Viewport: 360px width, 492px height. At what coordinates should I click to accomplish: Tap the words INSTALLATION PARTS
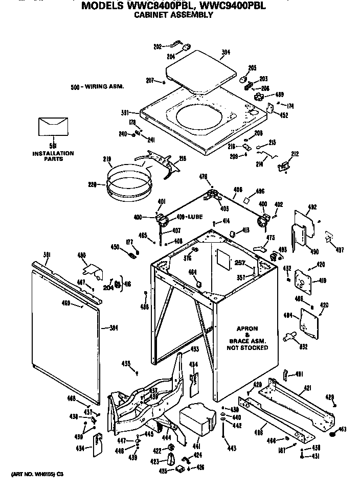tap(53, 156)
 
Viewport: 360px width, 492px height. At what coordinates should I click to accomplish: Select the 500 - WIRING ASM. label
tap(97, 87)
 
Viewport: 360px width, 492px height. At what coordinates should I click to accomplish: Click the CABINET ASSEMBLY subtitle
tap(173, 15)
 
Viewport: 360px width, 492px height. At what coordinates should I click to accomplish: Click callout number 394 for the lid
tap(226, 52)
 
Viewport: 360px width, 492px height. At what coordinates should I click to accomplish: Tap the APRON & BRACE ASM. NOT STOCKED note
tap(247, 338)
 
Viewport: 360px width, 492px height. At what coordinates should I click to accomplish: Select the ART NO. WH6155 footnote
tap(34, 474)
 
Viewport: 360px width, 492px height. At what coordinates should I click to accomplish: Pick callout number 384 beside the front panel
tap(114, 327)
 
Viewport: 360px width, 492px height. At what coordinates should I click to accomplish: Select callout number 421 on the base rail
tap(307, 389)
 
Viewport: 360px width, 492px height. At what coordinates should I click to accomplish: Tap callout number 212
tap(295, 154)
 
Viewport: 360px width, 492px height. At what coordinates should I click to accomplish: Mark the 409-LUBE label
tap(189, 217)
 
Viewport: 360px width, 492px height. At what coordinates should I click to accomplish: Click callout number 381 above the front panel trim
tap(47, 254)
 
